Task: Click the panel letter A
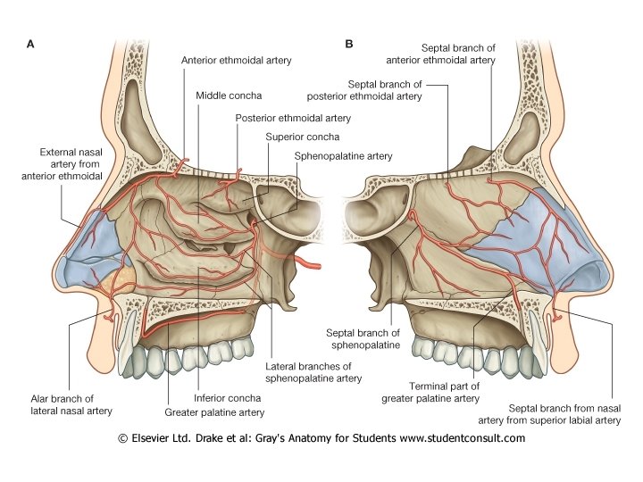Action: click(32, 43)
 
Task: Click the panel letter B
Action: click(348, 43)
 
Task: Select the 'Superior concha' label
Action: click(296, 137)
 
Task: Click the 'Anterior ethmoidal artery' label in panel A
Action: click(236, 61)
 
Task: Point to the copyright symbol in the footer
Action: click(123, 438)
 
